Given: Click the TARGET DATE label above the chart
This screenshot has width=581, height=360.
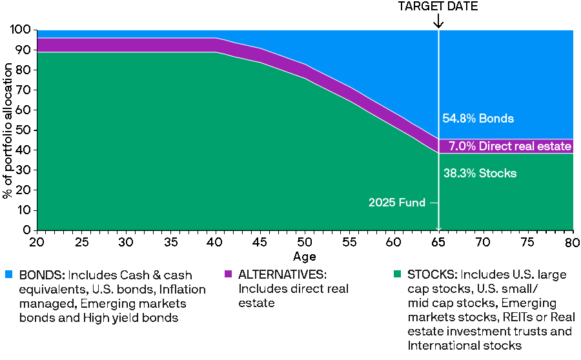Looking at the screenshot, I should click(x=438, y=6).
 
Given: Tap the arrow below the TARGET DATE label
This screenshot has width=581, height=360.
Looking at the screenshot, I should click(x=438, y=21).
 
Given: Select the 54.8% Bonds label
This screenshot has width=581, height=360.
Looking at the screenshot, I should click(x=478, y=119).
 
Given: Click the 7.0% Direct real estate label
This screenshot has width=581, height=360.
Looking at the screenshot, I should click(x=510, y=146).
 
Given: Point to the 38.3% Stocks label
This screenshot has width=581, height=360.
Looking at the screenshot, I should click(x=480, y=174).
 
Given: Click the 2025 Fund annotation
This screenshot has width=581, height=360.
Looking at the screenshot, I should click(x=397, y=203).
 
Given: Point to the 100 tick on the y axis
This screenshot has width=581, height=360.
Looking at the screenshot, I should click(x=21, y=30).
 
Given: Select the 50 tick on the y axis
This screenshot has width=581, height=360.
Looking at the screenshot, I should click(x=24, y=130).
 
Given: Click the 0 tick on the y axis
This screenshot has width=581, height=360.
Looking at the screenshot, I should click(x=27, y=230).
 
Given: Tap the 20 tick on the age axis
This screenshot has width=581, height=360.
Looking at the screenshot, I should click(x=37, y=241).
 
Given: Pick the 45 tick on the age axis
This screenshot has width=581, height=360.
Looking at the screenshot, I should click(x=260, y=241).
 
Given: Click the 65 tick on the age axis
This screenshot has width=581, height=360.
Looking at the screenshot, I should click(x=438, y=241).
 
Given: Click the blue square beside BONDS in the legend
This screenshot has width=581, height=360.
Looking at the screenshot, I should click(x=9, y=275).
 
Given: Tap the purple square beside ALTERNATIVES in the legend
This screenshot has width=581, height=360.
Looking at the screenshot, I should click(x=227, y=275).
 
